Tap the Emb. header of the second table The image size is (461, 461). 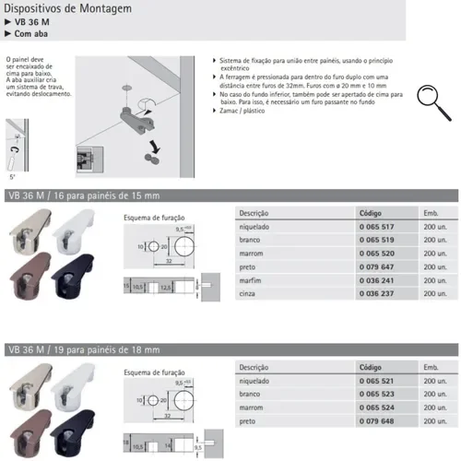(432, 366)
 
